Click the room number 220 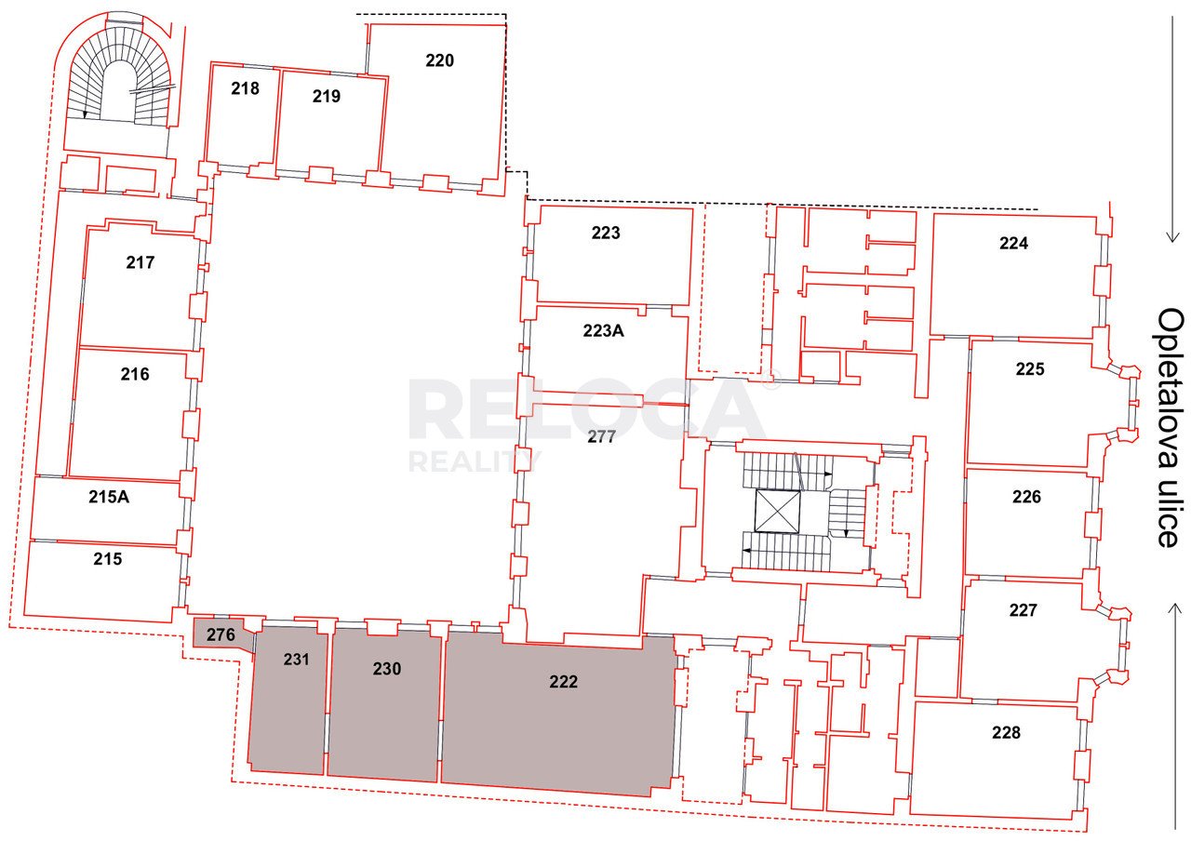439,60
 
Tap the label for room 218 245,88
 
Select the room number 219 326,96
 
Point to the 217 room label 141,262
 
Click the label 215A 109,497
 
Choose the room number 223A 603,330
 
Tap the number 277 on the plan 601,436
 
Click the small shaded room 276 221,634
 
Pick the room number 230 386,669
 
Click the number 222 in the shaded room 563,682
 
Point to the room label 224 1013,243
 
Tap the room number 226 1026,497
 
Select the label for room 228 1006,732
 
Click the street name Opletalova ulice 1171,428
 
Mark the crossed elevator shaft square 777,511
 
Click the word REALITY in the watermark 475,461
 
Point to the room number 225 1030,369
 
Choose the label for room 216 135,374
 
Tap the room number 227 1023,609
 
